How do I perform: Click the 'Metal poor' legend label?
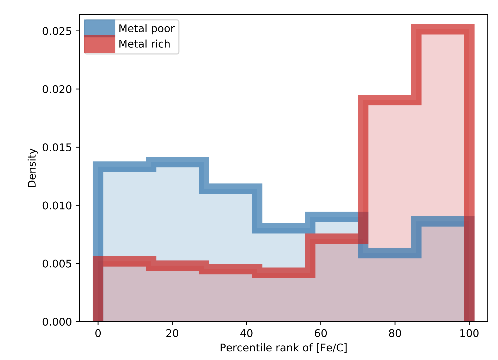coord(146,28)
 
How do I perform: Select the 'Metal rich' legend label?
coord(144,44)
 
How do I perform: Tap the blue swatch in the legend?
coord(99,27)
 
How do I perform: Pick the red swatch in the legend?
coord(99,44)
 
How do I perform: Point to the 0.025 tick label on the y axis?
coord(57,31)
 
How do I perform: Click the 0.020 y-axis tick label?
coord(57,89)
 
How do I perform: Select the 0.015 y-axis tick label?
coord(57,147)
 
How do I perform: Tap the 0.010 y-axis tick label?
coord(57,206)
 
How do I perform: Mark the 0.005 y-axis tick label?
coord(57,264)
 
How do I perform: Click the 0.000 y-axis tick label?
coord(57,322)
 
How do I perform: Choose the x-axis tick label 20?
coord(172,333)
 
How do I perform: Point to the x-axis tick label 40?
coord(246,333)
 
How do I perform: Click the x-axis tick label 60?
coord(320,333)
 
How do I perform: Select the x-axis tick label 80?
coord(395,333)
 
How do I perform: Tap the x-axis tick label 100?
coord(469,333)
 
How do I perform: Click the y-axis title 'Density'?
coord(32,168)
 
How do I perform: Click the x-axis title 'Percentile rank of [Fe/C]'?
coord(283,348)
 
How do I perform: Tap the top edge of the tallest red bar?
coord(442,29)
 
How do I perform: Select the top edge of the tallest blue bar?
coord(178,162)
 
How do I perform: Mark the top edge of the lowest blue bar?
coord(390,253)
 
